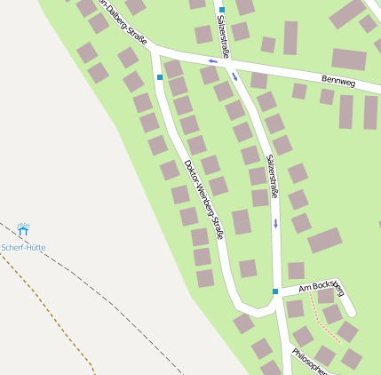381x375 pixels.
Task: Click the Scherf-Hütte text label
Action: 23,247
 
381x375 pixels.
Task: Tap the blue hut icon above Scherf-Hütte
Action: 23,231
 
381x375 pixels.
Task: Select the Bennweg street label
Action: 337,81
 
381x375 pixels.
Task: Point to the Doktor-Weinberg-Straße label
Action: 202,198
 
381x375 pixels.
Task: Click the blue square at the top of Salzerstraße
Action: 222,10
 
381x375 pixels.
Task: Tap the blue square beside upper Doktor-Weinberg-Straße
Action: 160,77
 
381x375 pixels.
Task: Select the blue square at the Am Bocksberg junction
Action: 275,291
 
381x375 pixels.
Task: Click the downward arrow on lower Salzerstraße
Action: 275,222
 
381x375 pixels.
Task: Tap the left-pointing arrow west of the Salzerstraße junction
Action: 213,61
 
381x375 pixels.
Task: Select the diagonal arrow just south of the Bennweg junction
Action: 235,76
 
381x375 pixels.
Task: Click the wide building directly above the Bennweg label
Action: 349,60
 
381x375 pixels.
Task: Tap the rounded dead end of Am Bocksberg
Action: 349,311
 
